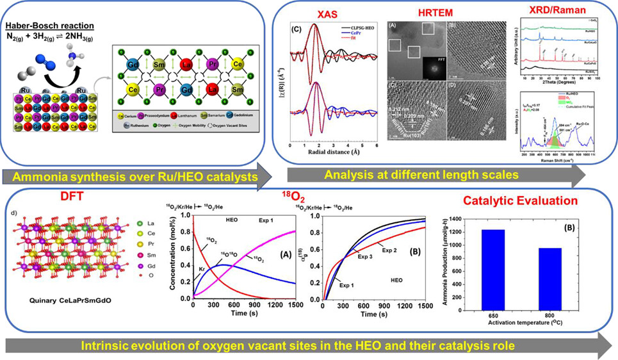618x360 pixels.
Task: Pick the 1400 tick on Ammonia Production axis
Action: (457, 219)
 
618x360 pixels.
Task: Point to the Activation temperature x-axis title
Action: (523, 337)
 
